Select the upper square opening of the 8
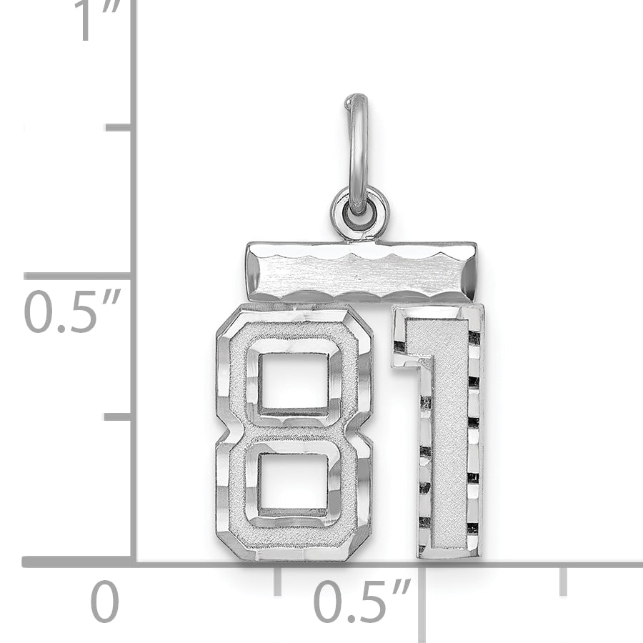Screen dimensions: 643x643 click(293, 382)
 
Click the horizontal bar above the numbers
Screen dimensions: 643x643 click(361, 271)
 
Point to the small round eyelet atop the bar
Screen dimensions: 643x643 click(359, 212)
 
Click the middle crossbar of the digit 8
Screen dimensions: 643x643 click(293, 432)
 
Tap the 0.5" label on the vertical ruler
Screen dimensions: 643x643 click(71, 311)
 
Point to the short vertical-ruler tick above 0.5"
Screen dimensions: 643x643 click(118, 127)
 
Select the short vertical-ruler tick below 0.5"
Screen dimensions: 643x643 click(118, 417)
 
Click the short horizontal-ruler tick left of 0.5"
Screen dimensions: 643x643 click(277, 580)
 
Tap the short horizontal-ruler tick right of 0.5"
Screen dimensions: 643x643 click(563, 580)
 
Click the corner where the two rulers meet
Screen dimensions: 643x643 click(134, 562)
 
